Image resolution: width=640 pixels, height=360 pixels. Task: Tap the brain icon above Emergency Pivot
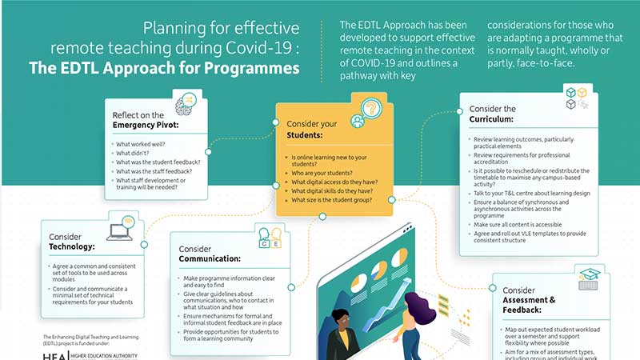pyautogui.click(x=186, y=104)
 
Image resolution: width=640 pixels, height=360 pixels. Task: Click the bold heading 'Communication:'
pyautogui.click(x=210, y=259)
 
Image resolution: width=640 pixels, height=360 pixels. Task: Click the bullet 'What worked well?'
pyautogui.click(x=141, y=145)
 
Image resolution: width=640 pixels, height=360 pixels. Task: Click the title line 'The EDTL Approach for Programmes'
pyautogui.click(x=164, y=69)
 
